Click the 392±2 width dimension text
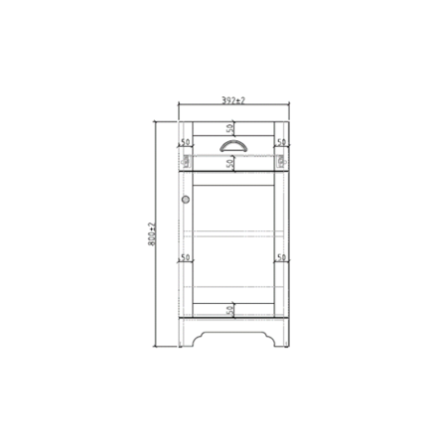(233, 101)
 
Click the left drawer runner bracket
(186, 158)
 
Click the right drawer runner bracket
(282, 158)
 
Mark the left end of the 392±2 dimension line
(180, 108)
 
